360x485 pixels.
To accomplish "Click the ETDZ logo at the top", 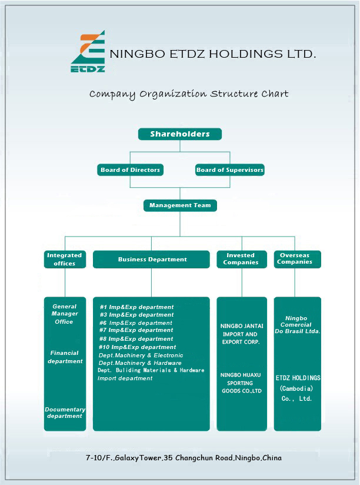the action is click(88, 51).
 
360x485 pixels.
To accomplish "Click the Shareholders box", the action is click(180, 134).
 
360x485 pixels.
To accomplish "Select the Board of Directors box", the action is click(130, 170).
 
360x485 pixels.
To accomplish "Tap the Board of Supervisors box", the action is click(230, 170).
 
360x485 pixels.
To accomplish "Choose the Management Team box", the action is click(180, 205).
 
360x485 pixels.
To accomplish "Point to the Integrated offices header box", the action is click(65, 259).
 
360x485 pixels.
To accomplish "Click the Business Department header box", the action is click(151, 259).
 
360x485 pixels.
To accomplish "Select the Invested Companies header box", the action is click(242, 259).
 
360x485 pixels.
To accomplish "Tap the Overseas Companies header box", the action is click(297, 259).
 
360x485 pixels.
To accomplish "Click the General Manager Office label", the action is click(65, 314).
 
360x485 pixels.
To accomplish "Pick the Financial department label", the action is click(65, 357).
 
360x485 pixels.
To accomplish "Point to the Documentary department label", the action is click(65, 413).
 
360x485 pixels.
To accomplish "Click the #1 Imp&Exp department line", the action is click(136, 307).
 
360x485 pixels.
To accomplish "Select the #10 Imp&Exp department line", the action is click(137, 347).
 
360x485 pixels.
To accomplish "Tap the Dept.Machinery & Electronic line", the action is click(141, 356).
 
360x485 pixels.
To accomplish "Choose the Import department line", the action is click(125, 378).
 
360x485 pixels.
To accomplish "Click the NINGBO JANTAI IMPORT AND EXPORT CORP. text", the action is click(242, 334).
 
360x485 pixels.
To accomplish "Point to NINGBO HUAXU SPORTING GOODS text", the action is click(241, 383).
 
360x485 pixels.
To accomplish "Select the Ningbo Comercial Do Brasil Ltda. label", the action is click(297, 325).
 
